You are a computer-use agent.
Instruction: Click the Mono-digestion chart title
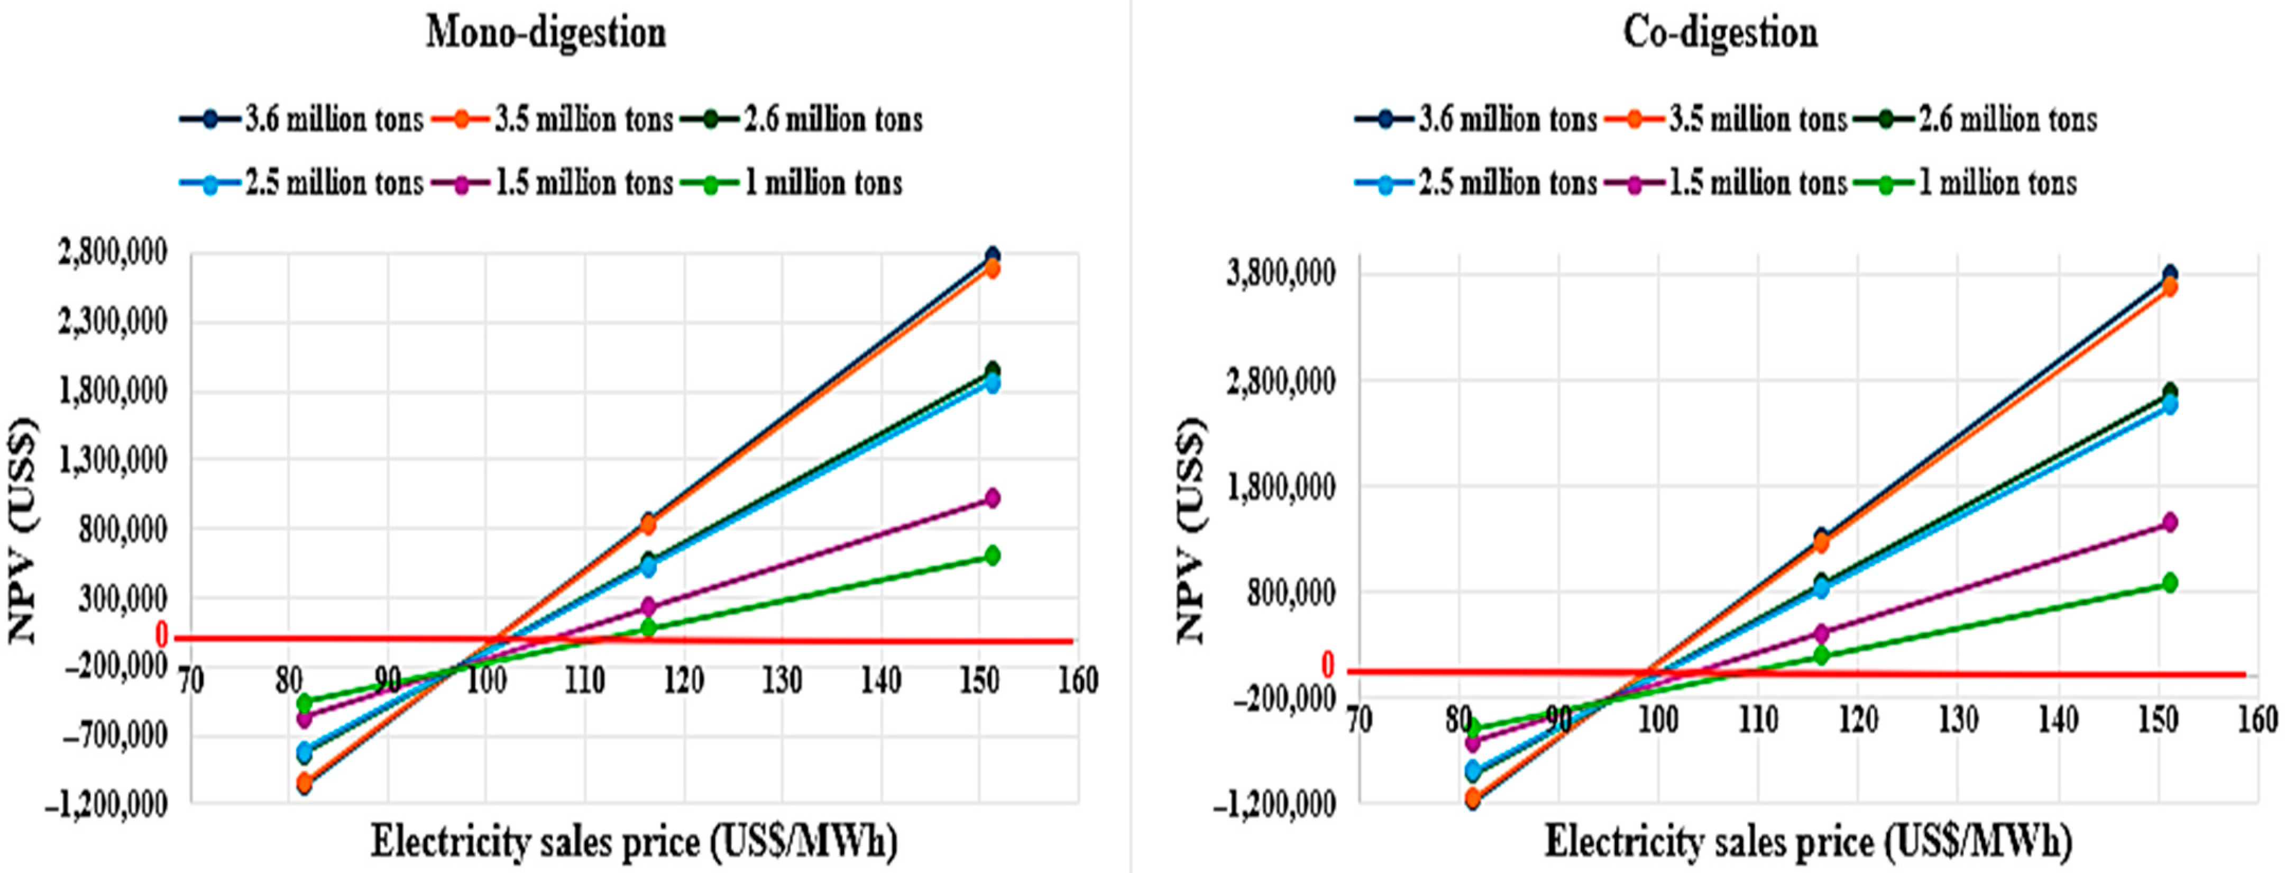click(x=546, y=34)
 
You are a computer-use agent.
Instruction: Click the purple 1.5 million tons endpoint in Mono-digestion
click(x=992, y=498)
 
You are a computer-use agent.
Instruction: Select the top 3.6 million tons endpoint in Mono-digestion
click(x=992, y=256)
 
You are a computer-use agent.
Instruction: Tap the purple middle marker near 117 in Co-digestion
click(x=1821, y=633)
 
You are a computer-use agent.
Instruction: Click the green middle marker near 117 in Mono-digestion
click(x=648, y=628)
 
